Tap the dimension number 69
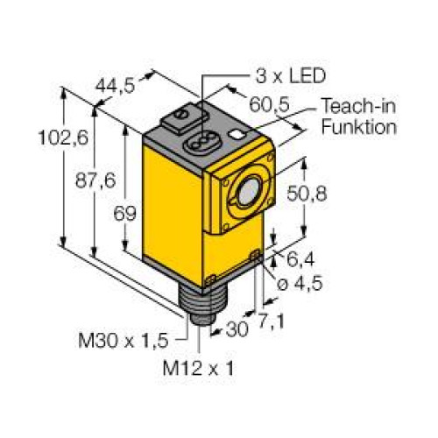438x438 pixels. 110,213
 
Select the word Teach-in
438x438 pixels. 357,108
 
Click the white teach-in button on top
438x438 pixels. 237,134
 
